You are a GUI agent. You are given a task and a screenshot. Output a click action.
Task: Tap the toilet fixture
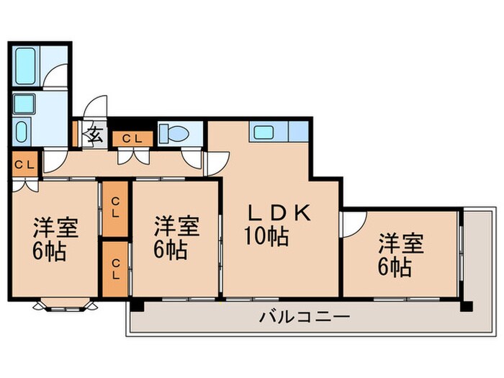point(174,134)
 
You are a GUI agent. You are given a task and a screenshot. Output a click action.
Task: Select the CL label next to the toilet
point(132,138)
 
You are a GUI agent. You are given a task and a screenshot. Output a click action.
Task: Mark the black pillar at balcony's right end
point(466,306)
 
